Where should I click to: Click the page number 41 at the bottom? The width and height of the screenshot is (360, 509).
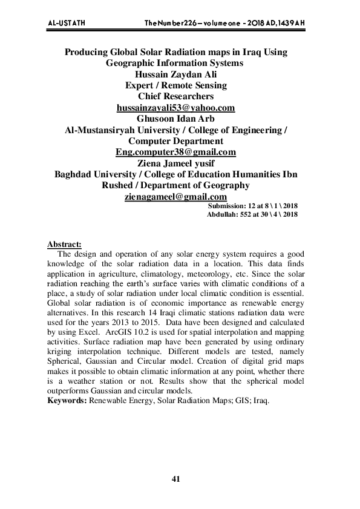click(176, 479)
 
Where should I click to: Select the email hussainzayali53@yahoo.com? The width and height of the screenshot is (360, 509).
click(175, 108)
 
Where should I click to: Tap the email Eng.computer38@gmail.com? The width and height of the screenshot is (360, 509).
click(175, 152)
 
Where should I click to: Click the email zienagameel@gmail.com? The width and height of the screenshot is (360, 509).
click(175, 197)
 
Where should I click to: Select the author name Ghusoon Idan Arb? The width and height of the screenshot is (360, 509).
click(175, 119)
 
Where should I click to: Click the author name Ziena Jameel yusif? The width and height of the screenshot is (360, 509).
click(175, 163)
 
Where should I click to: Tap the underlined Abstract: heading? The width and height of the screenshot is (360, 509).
click(64, 244)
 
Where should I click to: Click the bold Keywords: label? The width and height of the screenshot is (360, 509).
click(67, 400)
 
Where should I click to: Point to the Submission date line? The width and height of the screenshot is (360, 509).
click(252, 206)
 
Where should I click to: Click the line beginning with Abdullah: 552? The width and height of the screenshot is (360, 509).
click(252, 214)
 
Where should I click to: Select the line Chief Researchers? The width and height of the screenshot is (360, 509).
click(175, 96)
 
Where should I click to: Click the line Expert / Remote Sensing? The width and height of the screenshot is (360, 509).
click(175, 85)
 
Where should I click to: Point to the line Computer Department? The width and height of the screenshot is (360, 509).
click(175, 141)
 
